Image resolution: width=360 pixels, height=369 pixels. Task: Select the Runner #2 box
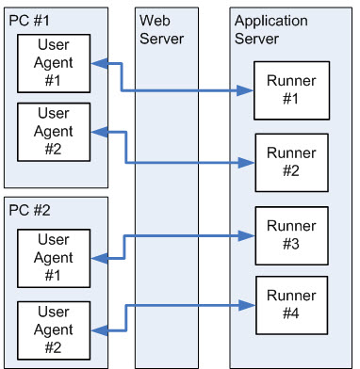coord(291,162)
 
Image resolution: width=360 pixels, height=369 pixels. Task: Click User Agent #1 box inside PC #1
coord(54,64)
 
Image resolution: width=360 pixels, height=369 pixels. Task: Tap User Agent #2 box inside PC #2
coord(54,329)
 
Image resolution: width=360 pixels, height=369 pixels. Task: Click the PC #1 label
coord(32,20)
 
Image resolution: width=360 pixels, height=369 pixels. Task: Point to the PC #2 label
coord(32,211)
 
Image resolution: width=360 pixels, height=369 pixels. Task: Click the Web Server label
coord(161,29)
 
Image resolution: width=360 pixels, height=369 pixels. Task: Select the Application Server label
coord(271,29)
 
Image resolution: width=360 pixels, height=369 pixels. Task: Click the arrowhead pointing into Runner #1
coord(248,91)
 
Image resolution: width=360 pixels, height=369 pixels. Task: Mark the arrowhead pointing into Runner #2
coord(248,163)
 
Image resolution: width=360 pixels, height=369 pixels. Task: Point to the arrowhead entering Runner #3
coord(248,235)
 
